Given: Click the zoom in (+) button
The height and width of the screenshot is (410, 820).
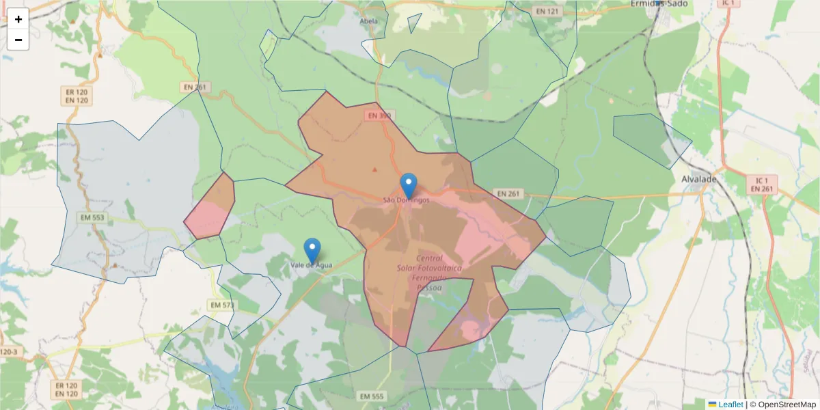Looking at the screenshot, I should click(18, 19).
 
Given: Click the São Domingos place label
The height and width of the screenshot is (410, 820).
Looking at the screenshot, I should click(407, 200).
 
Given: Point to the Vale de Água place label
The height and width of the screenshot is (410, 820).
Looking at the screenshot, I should click(312, 264).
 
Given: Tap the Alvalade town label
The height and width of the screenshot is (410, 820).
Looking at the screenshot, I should click(699, 179).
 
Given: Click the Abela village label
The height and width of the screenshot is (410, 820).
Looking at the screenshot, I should click(369, 20).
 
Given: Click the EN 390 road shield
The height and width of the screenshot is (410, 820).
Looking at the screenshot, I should click(379, 115).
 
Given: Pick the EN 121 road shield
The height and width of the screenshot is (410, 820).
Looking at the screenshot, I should click(547, 12).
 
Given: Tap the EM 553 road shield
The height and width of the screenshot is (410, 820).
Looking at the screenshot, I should click(91, 217).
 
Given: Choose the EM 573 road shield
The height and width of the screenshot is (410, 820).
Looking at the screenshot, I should click(222, 305).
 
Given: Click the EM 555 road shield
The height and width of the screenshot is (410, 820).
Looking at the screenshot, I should click(372, 396).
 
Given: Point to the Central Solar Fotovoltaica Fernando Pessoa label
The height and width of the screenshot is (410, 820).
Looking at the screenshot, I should click(429, 273).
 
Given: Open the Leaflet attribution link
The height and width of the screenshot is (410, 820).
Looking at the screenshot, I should click(730, 405).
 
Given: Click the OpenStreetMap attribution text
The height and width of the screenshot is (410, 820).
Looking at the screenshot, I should click(782, 405).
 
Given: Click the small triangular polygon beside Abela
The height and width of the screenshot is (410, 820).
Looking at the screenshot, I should click(413, 24).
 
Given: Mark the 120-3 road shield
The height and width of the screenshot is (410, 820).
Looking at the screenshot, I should click(10, 351).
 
